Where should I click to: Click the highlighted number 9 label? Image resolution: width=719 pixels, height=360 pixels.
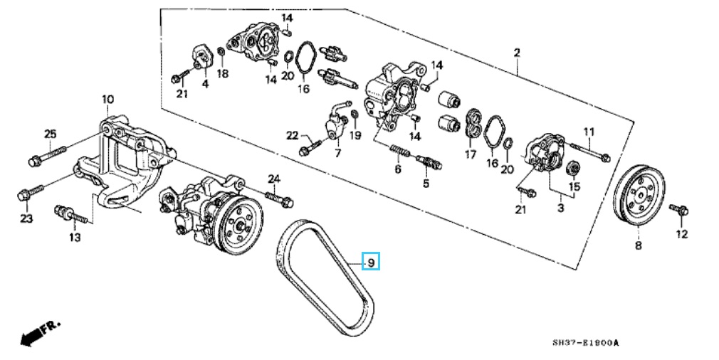coord(370,263)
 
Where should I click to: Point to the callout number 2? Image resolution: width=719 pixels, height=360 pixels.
coord(517,53)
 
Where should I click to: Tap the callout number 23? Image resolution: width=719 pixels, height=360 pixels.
coord(26,218)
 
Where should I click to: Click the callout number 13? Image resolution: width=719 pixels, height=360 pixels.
coord(75,237)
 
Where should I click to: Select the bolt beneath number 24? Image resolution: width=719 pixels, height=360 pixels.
coord(279,197)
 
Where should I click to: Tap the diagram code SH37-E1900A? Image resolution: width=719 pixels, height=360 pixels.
coord(586,344)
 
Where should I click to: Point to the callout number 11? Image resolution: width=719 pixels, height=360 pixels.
coord(589,132)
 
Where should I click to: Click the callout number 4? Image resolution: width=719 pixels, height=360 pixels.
coord(205,84)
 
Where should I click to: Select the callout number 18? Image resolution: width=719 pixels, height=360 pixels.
coord(223,73)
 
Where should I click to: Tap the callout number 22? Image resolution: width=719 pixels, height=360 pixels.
coord(293,135)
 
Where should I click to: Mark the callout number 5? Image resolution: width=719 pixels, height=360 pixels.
coord(426,183)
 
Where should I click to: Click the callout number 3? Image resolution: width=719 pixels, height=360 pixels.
coord(560,208)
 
